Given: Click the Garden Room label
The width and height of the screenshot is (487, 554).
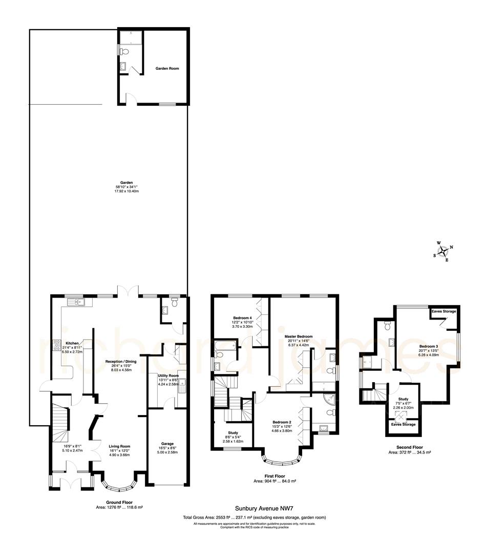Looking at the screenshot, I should (167, 68).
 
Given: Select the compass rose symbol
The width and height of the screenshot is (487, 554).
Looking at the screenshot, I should (443, 251).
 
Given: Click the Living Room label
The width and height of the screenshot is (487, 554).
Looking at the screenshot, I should (119, 446).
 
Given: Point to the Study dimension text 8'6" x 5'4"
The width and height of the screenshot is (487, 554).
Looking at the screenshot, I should (232, 437).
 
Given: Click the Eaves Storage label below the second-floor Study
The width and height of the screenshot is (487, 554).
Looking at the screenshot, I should (404, 424).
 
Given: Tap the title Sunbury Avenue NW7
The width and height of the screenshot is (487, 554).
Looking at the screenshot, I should (254, 509).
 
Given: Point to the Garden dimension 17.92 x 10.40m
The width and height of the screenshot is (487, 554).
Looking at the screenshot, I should (126, 191).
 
